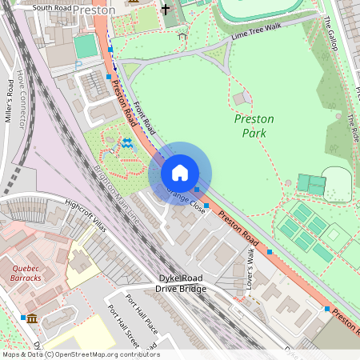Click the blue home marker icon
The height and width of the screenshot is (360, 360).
180,173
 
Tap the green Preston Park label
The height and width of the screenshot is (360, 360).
254,125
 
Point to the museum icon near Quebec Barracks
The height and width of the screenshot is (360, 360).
31,319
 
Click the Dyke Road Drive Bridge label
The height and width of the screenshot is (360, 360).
182,282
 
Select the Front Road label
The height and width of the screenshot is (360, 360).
145,115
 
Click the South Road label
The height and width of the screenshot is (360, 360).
53,8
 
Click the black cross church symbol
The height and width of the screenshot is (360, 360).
166,10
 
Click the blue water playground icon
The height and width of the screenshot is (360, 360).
126,143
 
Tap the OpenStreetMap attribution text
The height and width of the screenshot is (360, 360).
80,354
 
